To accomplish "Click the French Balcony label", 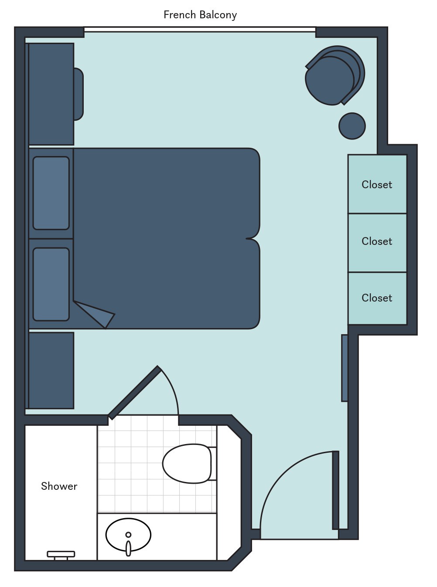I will click(200, 15).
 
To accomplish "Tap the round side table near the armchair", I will click(352, 126).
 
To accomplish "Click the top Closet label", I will click(377, 185).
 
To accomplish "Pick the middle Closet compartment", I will click(377, 242).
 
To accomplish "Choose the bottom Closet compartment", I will click(377, 298).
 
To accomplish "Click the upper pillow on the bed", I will click(51, 193).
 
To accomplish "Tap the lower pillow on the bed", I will click(51, 284).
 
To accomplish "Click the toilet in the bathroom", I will click(188, 463).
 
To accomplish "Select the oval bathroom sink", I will click(128, 534).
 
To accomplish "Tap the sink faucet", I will click(128, 547).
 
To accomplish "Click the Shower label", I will click(59, 486).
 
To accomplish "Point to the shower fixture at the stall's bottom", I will click(61, 555).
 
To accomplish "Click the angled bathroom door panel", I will click(134, 392).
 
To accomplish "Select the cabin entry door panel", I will click(335, 490).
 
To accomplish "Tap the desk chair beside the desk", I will click(78, 94).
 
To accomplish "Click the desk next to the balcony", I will click(51, 94).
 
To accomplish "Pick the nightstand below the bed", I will click(51, 370).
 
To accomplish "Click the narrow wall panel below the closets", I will click(345, 368).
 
